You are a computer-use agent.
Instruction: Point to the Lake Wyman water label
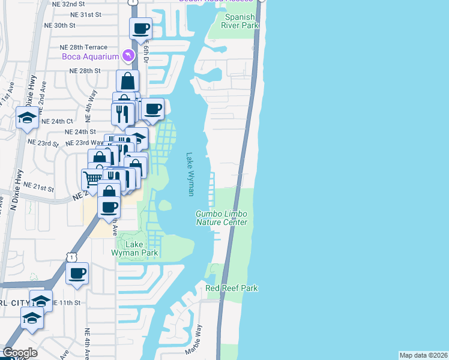(190, 173)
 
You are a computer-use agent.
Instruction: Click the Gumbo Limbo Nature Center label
(221, 218)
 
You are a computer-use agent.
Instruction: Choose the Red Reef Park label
(232, 289)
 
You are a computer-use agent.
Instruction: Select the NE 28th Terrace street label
(83, 47)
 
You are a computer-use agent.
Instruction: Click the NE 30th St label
(60, 25)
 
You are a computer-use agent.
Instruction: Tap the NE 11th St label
(67, 302)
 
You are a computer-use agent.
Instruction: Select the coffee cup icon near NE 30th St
(141, 27)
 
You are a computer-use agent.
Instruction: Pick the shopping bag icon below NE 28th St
(128, 80)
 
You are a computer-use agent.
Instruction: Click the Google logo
(20, 353)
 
